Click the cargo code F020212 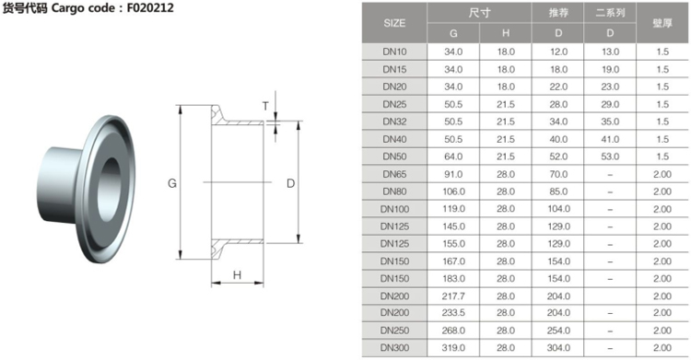[x=150, y=8]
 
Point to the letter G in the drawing [x=172, y=183]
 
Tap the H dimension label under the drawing [x=237, y=275]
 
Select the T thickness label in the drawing [x=265, y=106]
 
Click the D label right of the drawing [x=290, y=183]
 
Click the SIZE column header [x=394, y=23]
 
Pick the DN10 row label [x=394, y=52]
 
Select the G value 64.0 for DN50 [x=453, y=157]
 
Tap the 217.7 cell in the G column [x=453, y=296]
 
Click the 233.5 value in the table [x=453, y=312]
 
